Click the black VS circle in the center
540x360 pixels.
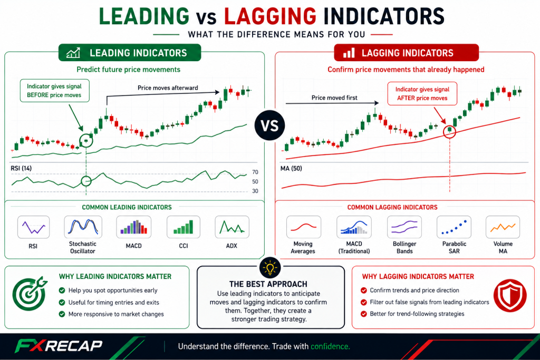[269, 125]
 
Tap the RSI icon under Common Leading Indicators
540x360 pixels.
[33, 227]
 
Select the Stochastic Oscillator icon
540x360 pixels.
[83, 227]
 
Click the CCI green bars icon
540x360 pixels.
[183, 227]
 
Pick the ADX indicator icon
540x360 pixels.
[232, 227]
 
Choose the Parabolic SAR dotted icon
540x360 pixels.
[454, 227]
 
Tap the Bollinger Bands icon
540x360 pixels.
[404, 227]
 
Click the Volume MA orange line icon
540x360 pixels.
[503, 227]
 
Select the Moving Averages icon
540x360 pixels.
[303, 227]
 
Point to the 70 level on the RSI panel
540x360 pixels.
[255, 172]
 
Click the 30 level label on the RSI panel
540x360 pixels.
[255, 191]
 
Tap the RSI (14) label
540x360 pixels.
[21, 168]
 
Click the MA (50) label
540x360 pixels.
[291, 168]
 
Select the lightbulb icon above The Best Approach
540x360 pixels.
[270, 267]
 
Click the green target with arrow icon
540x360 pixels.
[30, 293]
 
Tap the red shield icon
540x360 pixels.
[510, 296]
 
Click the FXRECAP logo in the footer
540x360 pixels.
[59, 346]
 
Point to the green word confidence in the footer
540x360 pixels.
[330, 347]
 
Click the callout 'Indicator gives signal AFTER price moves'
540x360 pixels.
[422, 94]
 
